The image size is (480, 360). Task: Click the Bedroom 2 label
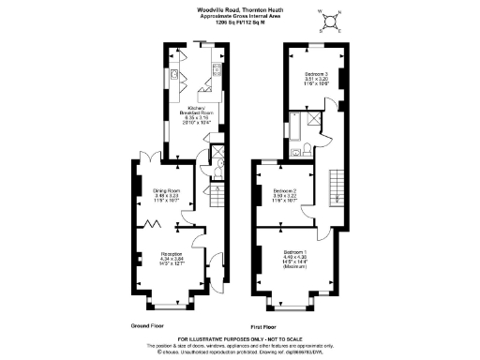coord(286,195)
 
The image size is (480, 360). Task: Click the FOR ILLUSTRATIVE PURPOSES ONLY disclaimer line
coord(239,339)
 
